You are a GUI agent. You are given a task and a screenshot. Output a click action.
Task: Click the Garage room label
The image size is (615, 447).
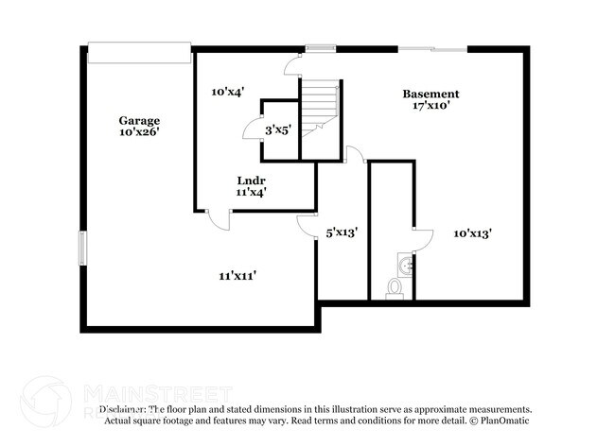point(138,120)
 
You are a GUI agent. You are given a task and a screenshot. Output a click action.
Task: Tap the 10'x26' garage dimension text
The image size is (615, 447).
point(138,132)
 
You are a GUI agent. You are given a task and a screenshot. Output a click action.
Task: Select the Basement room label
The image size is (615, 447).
point(430,94)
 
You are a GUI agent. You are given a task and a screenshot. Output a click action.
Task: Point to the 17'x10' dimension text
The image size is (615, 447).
point(430,106)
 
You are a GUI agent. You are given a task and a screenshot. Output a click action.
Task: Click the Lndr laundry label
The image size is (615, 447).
point(251,180)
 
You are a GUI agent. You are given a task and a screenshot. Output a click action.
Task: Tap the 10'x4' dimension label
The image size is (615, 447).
point(228,92)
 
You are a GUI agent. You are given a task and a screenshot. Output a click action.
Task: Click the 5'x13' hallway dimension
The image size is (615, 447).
point(341,232)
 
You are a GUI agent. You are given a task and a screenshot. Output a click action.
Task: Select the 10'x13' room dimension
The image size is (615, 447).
point(472,232)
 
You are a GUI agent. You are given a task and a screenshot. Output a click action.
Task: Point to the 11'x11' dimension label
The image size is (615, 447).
point(238,275)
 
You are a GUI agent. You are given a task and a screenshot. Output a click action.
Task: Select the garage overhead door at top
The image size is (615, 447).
point(138,53)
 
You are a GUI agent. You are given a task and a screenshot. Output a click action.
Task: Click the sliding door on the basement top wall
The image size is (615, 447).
point(431,48)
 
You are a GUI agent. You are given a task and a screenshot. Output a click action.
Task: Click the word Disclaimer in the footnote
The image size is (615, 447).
point(121,410)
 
